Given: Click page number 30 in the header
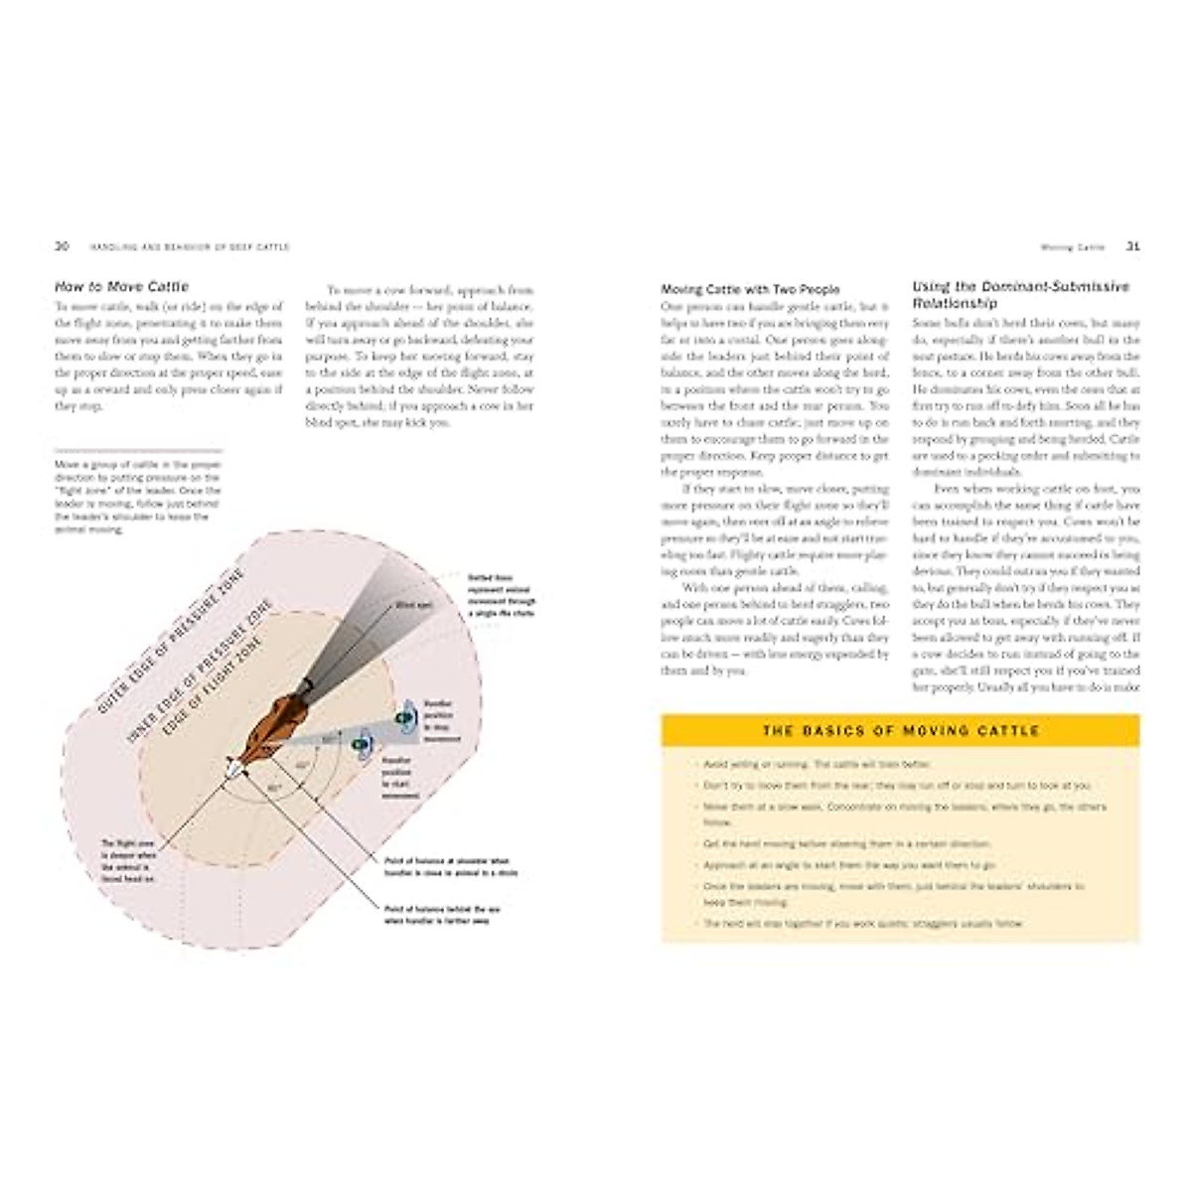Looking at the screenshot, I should coord(61,246).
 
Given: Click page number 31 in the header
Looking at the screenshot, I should coord(1131,246).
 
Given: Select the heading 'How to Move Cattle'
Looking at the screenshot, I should coord(121,287).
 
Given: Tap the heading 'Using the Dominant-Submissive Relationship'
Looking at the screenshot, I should coord(1020,295).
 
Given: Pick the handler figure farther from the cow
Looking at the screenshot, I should coord(404,717).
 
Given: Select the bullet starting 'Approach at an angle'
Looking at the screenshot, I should coord(850,865).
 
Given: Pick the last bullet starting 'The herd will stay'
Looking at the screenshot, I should coord(863,924).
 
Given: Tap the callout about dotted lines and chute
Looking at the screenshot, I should coord(501,596).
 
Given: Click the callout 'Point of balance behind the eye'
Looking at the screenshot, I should coord(442,915).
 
